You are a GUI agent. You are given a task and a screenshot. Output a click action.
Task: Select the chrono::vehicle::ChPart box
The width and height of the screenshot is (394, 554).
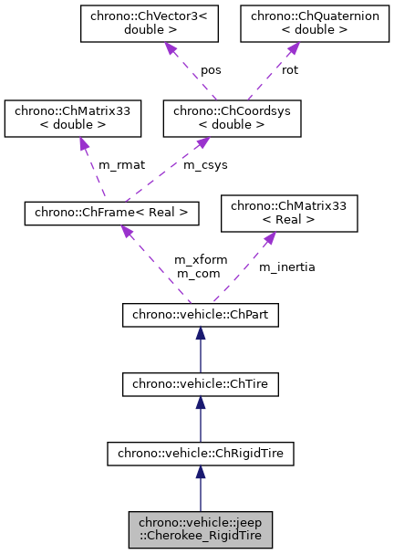[201, 316]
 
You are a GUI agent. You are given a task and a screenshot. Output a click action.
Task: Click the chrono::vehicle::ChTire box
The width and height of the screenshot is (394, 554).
[201, 387]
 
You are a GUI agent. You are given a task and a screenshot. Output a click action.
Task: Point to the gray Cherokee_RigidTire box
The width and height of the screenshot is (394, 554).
[201, 529]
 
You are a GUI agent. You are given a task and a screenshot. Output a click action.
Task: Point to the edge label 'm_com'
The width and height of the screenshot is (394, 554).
[195, 273]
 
